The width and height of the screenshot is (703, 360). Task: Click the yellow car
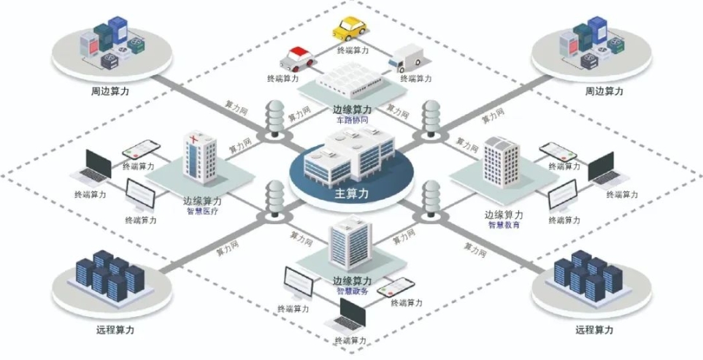350,28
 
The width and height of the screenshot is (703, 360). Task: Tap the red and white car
297,58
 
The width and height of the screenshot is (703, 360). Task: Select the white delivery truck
406,58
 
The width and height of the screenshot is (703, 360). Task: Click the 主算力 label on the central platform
352,194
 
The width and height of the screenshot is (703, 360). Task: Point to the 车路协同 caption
352,120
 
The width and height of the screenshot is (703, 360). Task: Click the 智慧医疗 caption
202,212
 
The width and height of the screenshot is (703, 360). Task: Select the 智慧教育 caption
504,225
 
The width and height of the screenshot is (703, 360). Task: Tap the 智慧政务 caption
352,291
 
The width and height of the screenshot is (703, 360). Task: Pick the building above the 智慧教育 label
502,162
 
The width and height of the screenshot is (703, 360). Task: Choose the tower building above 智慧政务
350,242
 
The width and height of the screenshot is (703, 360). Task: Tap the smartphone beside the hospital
141,150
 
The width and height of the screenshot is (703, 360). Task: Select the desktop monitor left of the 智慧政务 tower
299,284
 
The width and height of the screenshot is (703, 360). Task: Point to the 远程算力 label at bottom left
115,330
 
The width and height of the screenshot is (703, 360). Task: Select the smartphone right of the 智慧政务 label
396,287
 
